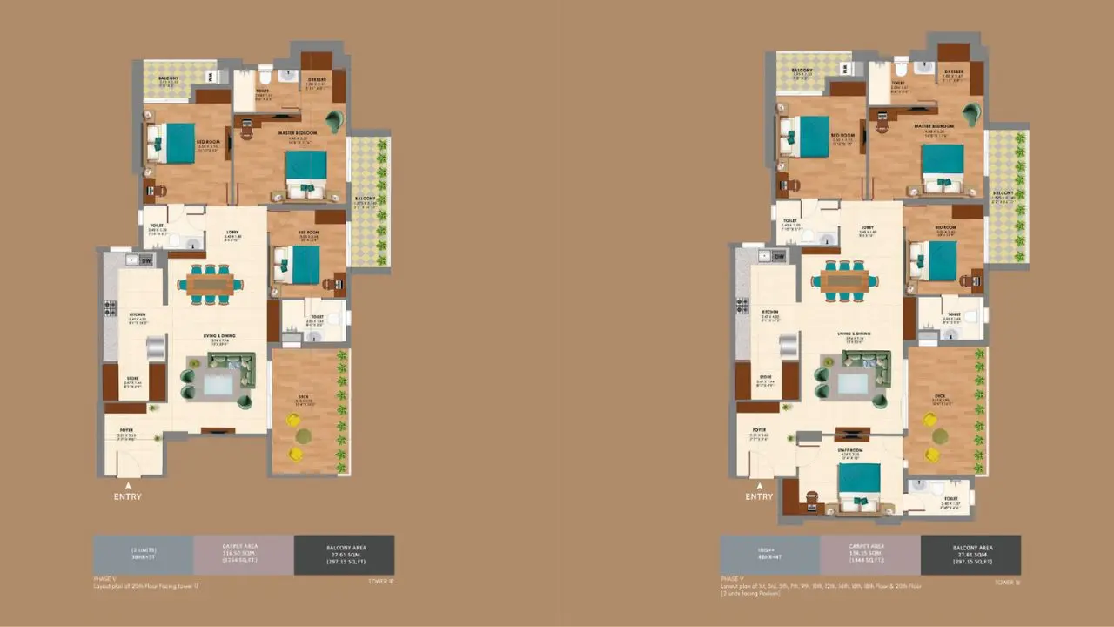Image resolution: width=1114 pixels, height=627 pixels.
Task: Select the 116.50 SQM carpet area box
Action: point(244,555)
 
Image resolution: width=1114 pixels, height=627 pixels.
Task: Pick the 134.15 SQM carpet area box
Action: point(870,555)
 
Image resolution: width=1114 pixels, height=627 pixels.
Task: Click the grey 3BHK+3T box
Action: point(144,555)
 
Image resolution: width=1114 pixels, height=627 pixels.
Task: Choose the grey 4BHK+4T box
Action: point(770,555)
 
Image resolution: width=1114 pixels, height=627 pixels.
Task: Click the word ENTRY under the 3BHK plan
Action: point(127,496)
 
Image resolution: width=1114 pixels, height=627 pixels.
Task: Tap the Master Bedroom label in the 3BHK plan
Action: point(295,133)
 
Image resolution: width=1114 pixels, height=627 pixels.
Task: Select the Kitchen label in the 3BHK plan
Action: point(137,314)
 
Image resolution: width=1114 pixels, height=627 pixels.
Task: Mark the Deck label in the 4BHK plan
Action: point(940,396)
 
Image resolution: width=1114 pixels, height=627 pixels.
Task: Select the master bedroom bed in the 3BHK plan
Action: point(306,174)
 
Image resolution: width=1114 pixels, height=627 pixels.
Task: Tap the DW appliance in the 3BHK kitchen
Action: point(147,260)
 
